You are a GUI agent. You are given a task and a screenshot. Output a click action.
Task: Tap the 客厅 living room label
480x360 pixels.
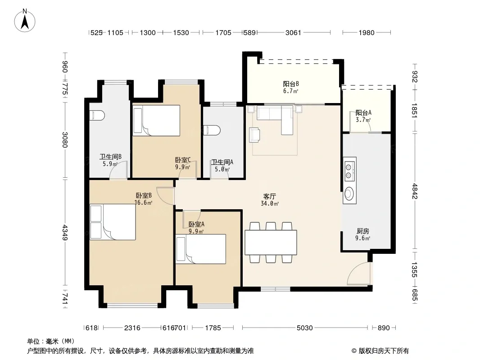pos(269,196)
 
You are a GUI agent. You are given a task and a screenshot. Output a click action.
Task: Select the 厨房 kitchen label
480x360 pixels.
pos(363,231)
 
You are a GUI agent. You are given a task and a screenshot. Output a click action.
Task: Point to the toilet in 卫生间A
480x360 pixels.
pos(212,130)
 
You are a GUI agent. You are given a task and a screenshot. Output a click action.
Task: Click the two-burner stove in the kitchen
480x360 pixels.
pos(349,171)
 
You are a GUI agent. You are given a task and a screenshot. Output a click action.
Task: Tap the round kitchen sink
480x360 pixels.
pos(349,193)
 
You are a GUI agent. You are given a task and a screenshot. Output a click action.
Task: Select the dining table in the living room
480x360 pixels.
pos(271,242)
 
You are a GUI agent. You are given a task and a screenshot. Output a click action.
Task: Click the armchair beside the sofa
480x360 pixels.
pos(255,135)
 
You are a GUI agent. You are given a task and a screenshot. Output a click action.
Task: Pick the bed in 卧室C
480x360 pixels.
pos(156,121)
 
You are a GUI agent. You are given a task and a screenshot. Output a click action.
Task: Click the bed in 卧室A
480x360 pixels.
pos(201,249)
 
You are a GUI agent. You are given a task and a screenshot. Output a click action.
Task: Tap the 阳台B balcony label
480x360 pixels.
pos(291,84)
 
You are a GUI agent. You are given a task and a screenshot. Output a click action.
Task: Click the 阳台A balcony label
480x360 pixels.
pos(363,113)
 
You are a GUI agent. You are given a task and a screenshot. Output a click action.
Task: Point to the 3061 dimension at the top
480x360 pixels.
pos(293,32)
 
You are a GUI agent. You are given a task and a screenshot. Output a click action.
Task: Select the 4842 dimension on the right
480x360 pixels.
pos(415,191)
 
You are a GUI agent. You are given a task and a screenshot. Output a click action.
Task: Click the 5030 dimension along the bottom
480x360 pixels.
pos(304,328)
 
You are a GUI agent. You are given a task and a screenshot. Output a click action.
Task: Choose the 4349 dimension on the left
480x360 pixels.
pos(64,233)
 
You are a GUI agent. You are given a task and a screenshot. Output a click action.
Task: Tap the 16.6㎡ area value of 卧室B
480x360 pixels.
pos(144,202)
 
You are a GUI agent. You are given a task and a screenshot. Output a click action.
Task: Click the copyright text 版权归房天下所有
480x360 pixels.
pos(384,351)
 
